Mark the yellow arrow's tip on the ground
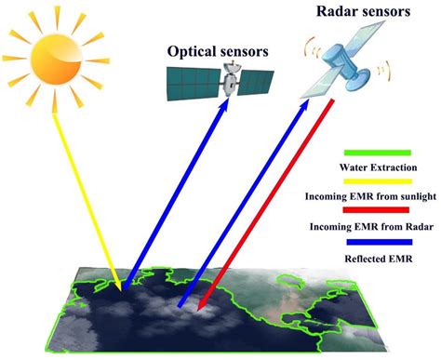coord(116,278)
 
